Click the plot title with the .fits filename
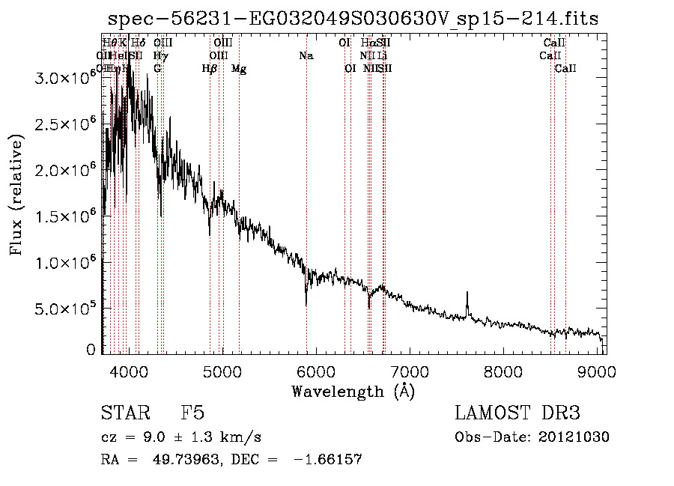click(353, 19)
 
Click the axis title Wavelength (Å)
click(353, 391)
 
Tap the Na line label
click(306, 56)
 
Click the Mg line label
click(239, 69)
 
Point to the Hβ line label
click(210, 69)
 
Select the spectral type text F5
click(192, 413)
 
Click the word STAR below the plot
click(122, 413)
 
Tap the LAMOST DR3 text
click(517, 413)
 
